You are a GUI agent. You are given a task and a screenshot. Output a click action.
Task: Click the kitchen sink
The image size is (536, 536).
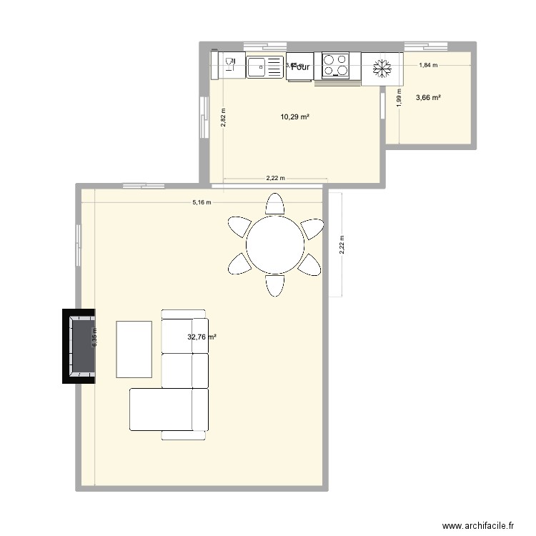click(x=265, y=66)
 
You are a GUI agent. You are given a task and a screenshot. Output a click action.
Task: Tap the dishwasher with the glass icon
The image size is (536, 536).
click(x=229, y=66)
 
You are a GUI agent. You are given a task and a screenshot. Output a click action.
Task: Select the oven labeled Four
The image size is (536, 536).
click(x=299, y=66)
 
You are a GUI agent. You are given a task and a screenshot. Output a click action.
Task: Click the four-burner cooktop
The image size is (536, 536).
click(x=337, y=66)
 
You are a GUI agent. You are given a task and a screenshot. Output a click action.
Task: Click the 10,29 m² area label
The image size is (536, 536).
click(x=295, y=116)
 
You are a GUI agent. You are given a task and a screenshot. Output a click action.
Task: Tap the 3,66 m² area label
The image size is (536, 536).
click(x=427, y=97)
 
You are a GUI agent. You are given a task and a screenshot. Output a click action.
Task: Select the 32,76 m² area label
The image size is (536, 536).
click(x=202, y=337)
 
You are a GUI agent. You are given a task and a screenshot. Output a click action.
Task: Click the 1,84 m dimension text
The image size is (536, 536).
click(x=427, y=66)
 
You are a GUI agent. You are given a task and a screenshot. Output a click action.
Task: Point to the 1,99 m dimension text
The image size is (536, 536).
click(x=398, y=97)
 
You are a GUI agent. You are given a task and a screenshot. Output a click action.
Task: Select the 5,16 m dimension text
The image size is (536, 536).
click(x=202, y=202)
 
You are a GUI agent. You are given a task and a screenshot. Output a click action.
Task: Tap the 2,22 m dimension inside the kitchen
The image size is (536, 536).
click(x=275, y=179)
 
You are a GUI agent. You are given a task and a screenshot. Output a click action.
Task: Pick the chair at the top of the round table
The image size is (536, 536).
click(x=274, y=204)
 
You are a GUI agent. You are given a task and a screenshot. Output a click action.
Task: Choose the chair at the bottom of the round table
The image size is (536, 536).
click(x=274, y=286)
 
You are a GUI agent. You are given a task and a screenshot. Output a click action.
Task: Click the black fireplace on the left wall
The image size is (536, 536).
click(x=79, y=346)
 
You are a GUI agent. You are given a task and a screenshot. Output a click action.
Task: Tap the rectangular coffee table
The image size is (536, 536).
click(x=134, y=349)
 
